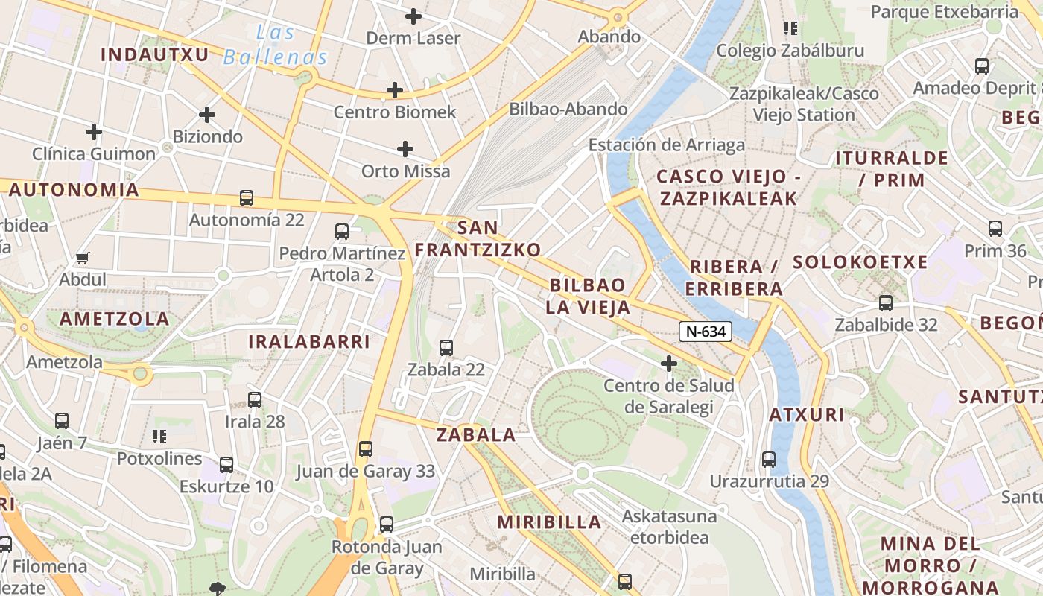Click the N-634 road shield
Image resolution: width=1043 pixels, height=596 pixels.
click(x=705, y=332)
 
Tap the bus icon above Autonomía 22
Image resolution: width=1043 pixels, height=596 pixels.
click(x=247, y=198)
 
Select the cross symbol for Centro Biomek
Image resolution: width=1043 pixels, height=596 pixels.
click(x=395, y=91)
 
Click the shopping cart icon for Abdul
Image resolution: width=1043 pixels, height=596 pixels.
click(x=83, y=259)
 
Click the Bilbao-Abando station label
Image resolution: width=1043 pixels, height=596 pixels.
click(x=568, y=109)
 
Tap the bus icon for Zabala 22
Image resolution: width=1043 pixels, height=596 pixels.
click(x=446, y=347)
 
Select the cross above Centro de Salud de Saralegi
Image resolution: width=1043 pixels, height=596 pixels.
click(x=669, y=364)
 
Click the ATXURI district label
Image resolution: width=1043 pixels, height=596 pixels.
click(x=807, y=415)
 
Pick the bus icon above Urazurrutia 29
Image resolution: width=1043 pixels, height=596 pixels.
click(x=769, y=459)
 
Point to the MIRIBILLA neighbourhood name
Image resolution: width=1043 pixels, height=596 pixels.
click(x=549, y=522)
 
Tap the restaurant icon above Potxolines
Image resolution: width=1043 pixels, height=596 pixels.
click(x=159, y=436)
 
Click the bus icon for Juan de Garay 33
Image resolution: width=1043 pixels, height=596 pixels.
click(x=366, y=448)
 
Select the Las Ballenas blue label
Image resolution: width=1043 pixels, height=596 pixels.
click(x=276, y=45)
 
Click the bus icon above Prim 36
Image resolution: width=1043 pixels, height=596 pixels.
click(x=995, y=229)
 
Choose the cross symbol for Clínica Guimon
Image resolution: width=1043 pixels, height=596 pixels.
click(x=94, y=132)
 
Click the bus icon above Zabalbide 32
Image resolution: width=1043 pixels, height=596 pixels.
click(x=886, y=302)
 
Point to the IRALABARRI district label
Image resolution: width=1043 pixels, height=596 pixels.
click(x=308, y=342)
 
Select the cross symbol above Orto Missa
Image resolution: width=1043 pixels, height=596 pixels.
click(x=405, y=149)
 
